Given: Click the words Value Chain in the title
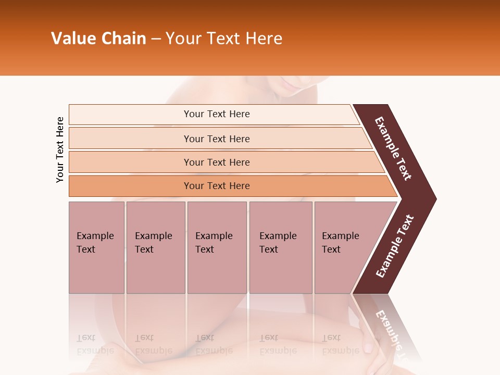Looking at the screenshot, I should click(x=98, y=39).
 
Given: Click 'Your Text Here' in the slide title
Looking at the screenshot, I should click(x=224, y=39).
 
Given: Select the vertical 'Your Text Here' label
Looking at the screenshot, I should click(x=60, y=149).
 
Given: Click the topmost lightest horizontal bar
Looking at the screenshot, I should click(x=216, y=114).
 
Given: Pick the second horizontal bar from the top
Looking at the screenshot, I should click(x=216, y=139).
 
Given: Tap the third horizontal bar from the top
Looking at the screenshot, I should click(x=216, y=162).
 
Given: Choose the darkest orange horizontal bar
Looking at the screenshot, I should click(x=216, y=186).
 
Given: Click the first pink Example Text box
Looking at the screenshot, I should click(x=96, y=247).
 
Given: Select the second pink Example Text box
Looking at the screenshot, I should click(x=155, y=247).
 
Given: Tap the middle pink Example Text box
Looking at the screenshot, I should click(x=217, y=247).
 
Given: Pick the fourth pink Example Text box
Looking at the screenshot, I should click(x=280, y=247).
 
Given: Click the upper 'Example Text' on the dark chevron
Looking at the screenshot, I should click(x=393, y=148).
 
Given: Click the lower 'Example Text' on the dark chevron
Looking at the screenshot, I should click(x=394, y=246).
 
